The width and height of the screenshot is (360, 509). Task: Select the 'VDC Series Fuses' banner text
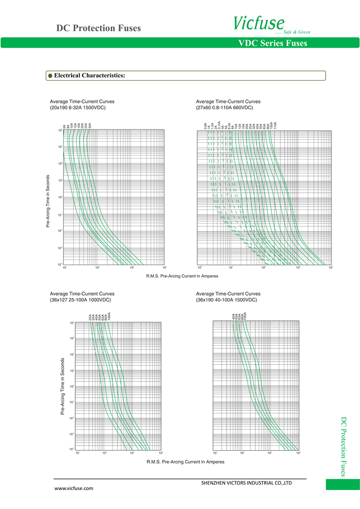pos(273,43)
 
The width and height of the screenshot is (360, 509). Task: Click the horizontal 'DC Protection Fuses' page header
pos(99,28)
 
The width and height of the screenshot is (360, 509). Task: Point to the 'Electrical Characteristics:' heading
pos(90,76)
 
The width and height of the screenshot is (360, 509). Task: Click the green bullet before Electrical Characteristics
pos(50,76)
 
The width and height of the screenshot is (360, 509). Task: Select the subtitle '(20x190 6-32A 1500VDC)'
pos(77,108)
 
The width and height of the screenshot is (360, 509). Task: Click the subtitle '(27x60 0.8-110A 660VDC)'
pos(224,108)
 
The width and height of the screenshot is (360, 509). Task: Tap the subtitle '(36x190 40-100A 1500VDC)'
pos(226,300)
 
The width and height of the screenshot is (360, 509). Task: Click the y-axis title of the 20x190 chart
pos(48,201)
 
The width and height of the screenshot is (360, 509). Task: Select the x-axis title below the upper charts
pos(182,276)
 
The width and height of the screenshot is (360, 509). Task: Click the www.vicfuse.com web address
pos(74,488)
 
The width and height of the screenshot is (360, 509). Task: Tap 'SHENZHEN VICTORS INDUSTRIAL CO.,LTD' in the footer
pos(247,483)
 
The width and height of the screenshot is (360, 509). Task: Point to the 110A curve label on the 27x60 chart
pos(275,126)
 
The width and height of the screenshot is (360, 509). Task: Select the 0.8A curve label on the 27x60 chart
pos(206,126)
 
